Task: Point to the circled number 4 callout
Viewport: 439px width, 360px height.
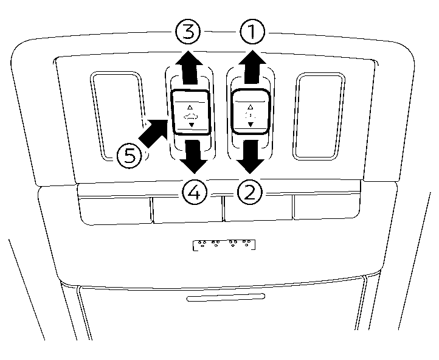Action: pyautogui.click(x=193, y=193)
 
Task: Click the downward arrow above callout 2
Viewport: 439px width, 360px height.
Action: pyautogui.click(x=250, y=155)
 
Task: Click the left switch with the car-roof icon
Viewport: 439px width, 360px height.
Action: pyautogui.click(x=191, y=112)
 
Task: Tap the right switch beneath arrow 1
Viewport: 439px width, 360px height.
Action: pyautogui.click(x=250, y=110)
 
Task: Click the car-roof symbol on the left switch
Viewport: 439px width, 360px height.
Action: pyautogui.click(x=191, y=114)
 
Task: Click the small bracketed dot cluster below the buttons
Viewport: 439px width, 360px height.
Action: pyautogui.click(x=224, y=244)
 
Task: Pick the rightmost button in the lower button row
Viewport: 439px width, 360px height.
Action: pyautogui.click(x=328, y=207)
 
